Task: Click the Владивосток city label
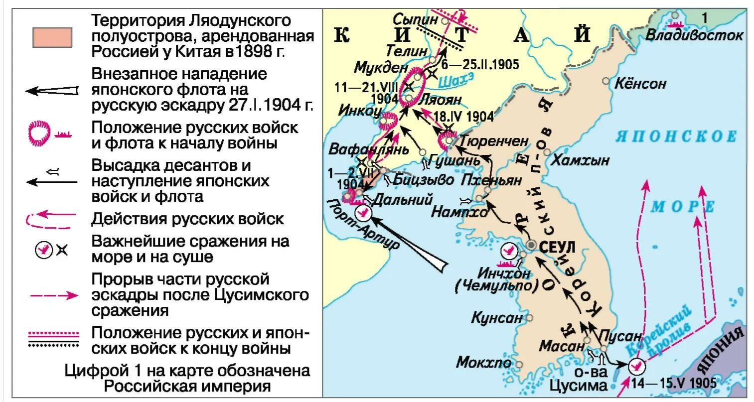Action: click(694, 35)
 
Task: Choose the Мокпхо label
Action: click(483, 362)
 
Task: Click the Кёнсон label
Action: click(640, 83)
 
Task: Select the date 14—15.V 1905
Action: click(673, 383)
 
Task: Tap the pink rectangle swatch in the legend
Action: click(52, 37)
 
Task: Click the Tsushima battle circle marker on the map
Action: click(636, 367)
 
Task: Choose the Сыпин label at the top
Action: click(415, 20)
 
